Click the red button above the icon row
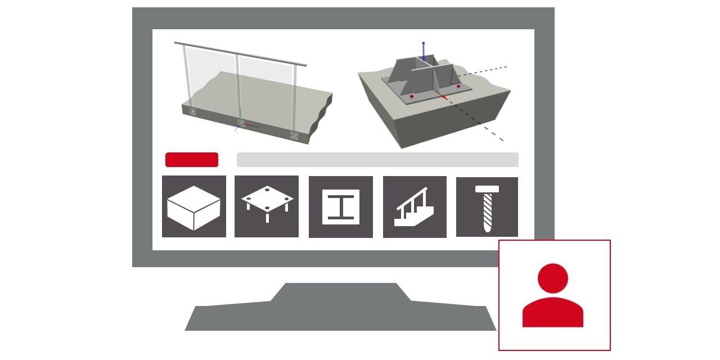click(191, 160)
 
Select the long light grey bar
click(377, 160)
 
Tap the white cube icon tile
click(194, 206)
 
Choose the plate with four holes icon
click(267, 206)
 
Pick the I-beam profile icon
click(341, 207)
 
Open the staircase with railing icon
click(415, 207)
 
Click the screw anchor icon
click(487, 207)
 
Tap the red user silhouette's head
click(553, 278)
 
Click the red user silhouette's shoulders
click(553, 313)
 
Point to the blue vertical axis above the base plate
click(424, 51)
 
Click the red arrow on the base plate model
click(444, 97)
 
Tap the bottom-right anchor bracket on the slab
click(294, 135)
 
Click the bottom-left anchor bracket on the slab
click(193, 112)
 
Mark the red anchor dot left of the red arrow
click(411, 97)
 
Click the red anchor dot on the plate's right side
click(458, 86)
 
